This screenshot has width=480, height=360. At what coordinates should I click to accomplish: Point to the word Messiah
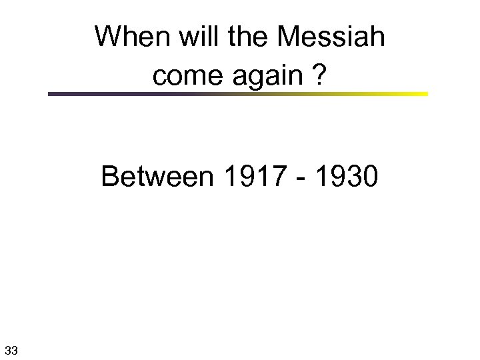(331, 37)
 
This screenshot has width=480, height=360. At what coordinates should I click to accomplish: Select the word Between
(158, 177)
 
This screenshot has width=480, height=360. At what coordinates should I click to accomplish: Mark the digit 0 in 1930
(369, 177)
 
